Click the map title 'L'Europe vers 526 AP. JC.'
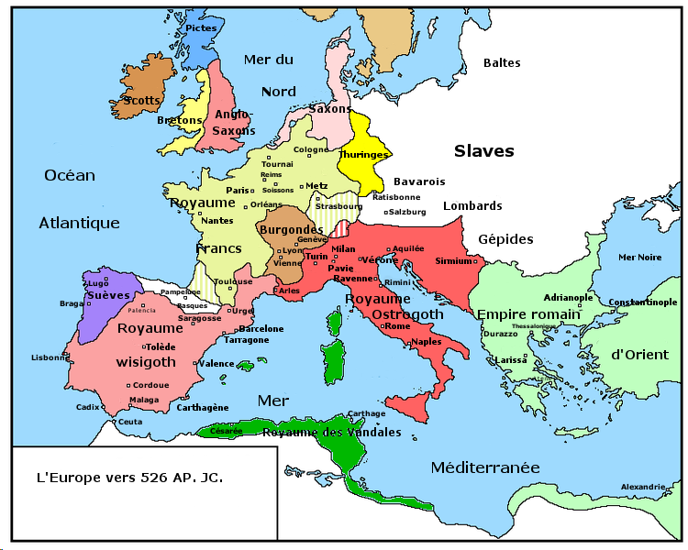coord(129,478)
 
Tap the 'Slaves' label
coord(483,151)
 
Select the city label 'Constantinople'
coord(642,302)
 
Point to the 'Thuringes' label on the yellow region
coord(364,155)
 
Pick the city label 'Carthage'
coord(367,413)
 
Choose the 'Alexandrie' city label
coord(643,486)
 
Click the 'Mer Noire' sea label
coord(639,258)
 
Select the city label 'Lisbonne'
coord(50,357)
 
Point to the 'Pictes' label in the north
coord(201,28)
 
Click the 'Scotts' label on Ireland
coord(142,101)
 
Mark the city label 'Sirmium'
coord(453,261)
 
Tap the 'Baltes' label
coord(502,63)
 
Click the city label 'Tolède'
coord(160,346)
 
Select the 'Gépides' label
coord(505,239)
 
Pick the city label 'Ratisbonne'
coord(396,197)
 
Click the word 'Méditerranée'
coord(485,467)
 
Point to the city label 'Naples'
coord(427,341)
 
